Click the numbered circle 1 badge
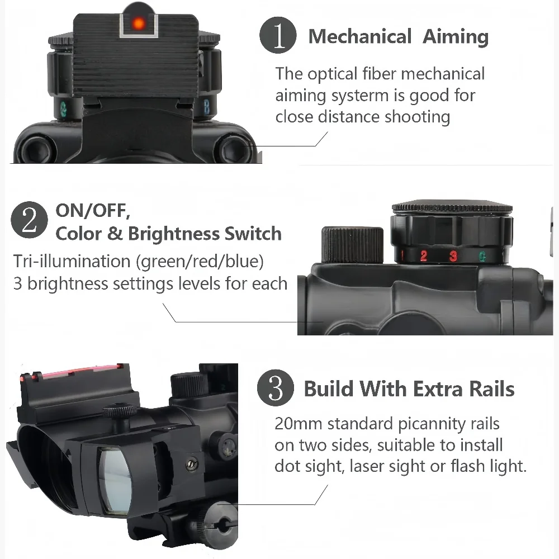coord(278,35)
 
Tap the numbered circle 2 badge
coord(29,220)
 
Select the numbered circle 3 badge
coord(276,387)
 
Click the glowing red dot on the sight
coord(138,23)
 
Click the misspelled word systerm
coord(359,96)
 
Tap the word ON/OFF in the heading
coord(93,210)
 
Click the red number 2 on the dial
coord(424,255)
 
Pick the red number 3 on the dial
coord(453,255)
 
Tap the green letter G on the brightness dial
coord(482,256)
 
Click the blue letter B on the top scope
coord(206,107)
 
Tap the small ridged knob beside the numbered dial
coord(352,245)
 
